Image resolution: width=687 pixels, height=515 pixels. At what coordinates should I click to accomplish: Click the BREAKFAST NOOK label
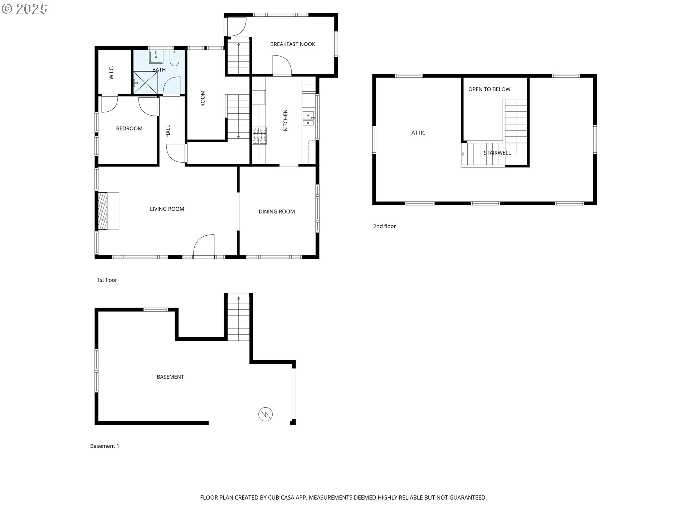[x=292, y=44]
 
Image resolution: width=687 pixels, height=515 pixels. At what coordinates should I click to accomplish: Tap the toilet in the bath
[x=174, y=59]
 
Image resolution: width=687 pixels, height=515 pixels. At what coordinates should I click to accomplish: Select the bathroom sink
[x=156, y=57]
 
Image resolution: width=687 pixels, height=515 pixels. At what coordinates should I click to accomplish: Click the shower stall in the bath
[x=145, y=83]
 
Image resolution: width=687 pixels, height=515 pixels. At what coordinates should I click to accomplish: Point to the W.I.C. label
[x=111, y=72]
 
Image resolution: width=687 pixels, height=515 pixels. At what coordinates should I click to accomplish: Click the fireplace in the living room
[x=108, y=211]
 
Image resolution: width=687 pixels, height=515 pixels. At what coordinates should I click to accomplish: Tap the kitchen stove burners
[x=259, y=136]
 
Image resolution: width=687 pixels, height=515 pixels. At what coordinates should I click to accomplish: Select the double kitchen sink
[x=308, y=119]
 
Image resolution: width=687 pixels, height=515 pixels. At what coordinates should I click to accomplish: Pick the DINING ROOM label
[x=277, y=212]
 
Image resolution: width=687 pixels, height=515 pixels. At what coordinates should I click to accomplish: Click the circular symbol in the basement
[x=265, y=414]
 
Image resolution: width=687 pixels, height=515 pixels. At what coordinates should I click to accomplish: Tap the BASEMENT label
[x=170, y=377]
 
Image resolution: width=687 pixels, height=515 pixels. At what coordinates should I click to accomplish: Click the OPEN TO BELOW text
[x=489, y=89]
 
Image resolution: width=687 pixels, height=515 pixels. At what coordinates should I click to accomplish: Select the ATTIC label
[x=418, y=133]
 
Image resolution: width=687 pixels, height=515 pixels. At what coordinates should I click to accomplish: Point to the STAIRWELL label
[x=497, y=153]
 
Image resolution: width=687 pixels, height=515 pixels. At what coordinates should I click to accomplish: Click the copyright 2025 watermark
[x=24, y=9]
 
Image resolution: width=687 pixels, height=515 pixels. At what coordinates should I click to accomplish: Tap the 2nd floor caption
[x=384, y=226]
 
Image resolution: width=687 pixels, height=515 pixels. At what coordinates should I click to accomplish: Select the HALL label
[x=168, y=131]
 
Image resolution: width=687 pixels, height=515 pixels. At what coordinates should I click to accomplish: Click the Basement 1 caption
[x=104, y=446]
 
